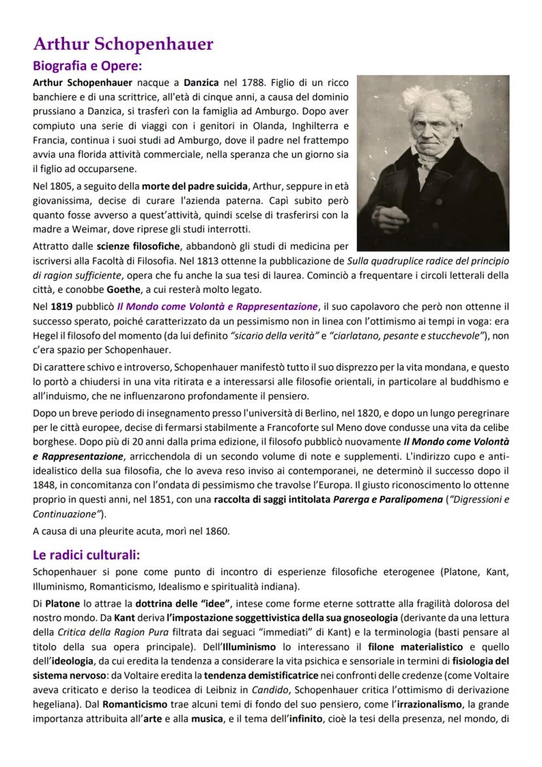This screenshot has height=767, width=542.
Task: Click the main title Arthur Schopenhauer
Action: coord(123,44)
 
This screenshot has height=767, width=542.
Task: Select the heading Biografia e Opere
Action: coord(87,66)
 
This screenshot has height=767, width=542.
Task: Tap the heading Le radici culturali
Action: coord(86,554)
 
